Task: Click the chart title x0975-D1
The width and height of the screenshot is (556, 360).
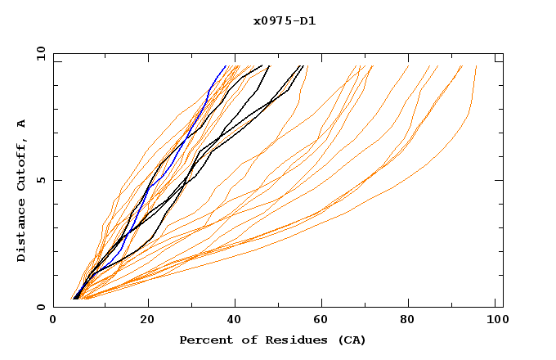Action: click(285, 21)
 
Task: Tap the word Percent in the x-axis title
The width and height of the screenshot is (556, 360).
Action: click(203, 340)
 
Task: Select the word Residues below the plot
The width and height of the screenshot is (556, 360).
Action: click(293, 340)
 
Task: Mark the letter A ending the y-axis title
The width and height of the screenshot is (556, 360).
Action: click(22, 124)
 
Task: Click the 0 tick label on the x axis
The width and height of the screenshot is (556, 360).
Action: click(53, 320)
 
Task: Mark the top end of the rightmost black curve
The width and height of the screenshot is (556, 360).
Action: click(302, 66)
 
